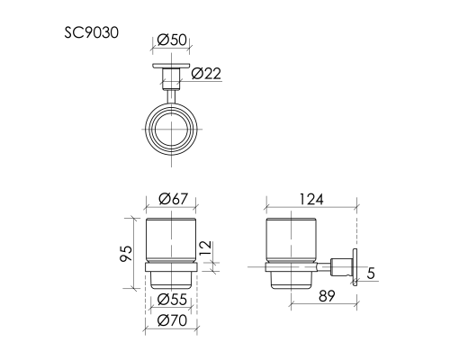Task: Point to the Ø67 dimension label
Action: coord(171,199)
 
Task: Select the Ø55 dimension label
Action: coord(171,299)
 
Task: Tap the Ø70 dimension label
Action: coord(171,319)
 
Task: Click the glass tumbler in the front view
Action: coord(171,238)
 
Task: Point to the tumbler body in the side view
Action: coord(292,238)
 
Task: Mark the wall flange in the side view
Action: coord(357,266)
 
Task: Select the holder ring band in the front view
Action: coord(171,266)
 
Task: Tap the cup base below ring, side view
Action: coord(292,281)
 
